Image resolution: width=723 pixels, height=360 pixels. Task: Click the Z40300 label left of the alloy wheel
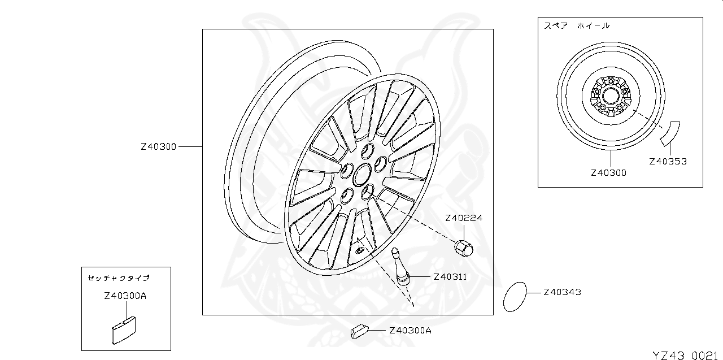click(x=158, y=146)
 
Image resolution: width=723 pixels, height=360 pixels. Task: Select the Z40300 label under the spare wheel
click(x=608, y=173)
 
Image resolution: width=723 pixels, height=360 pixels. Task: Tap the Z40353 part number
click(x=668, y=161)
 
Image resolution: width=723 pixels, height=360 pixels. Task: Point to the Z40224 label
click(x=464, y=218)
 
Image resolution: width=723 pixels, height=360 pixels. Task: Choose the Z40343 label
click(x=562, y=292)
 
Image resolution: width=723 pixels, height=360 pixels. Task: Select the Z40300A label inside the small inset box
click(x=125, y=296)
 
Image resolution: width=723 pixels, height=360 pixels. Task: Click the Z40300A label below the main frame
click(x=410, y=331)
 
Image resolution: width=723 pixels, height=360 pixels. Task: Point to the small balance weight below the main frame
click(x=359, y=330)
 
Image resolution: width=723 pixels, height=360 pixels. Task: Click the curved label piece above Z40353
click(x=670, y=132)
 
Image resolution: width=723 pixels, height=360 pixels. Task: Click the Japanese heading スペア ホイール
click(x=577, y=26)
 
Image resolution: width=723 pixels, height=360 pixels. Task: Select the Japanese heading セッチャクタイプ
click(x=119, y=277)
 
